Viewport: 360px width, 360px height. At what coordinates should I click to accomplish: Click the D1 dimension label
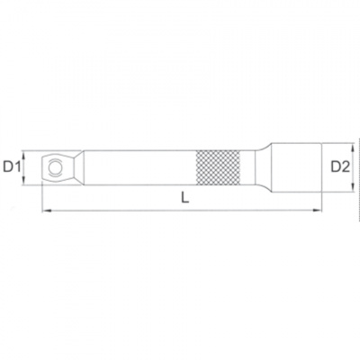tap(12, 166)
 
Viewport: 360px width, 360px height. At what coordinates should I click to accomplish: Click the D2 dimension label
tap(340, 166)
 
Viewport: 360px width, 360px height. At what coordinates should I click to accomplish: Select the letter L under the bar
tap(184, 199)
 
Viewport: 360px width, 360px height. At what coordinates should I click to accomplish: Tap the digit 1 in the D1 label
tap(17, 166)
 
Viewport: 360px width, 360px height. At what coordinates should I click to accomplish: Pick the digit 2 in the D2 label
tap(346, 166)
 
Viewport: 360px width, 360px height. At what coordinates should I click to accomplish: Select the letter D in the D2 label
tap(335, 166)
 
